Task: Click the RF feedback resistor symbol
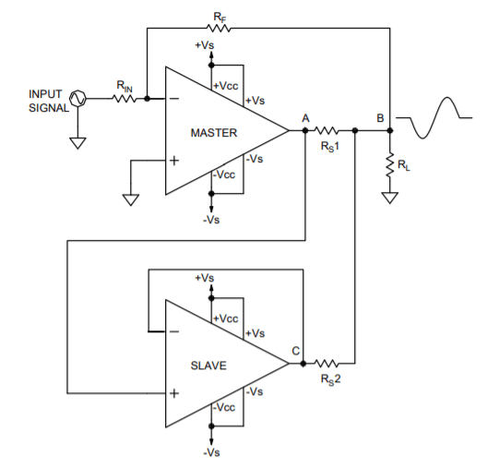point(219,29)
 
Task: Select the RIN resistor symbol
point(125,99)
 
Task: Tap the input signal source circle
point(77,99)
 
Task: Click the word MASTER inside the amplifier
point(214,133)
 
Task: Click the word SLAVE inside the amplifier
point(208,366)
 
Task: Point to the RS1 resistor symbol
point(327,130)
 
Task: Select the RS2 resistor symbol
point(327,363)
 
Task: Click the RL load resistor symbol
point(390,164)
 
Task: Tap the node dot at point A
point(305,130)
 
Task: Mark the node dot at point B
point(390,130)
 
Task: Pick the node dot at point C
point(303,363)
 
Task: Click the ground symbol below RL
point(390,198)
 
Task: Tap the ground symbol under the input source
point(77,143)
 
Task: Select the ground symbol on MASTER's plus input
point(131,199)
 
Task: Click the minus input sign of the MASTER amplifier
point(174,99)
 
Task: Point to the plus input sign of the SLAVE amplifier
point(174,393)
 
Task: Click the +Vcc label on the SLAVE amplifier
point(226,318)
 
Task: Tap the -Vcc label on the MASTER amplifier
point(224,174)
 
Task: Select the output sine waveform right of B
point(434,117)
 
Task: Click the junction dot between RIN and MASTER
point(147,99)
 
